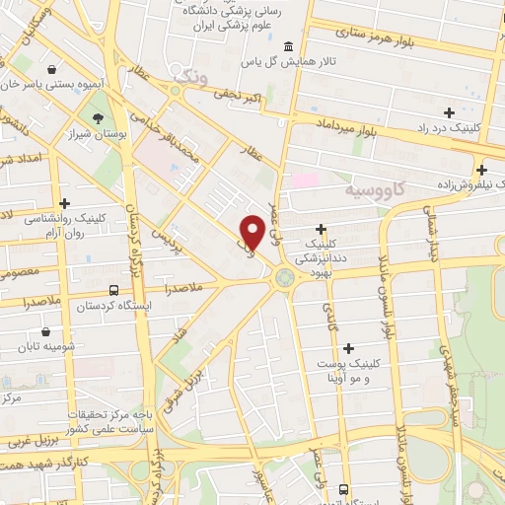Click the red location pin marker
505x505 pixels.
(252, 231)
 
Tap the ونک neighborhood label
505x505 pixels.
(191, 74)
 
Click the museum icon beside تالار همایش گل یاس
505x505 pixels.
(287, 47)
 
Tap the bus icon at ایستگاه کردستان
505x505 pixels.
(115, 291)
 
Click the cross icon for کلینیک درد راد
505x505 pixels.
(450, 112)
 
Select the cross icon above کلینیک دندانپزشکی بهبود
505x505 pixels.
(322, 229)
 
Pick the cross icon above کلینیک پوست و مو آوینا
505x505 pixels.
(347, 347)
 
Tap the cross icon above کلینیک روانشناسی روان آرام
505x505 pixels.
(64, 202)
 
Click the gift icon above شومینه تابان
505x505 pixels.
(46, 332)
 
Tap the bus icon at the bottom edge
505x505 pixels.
(342, 488)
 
